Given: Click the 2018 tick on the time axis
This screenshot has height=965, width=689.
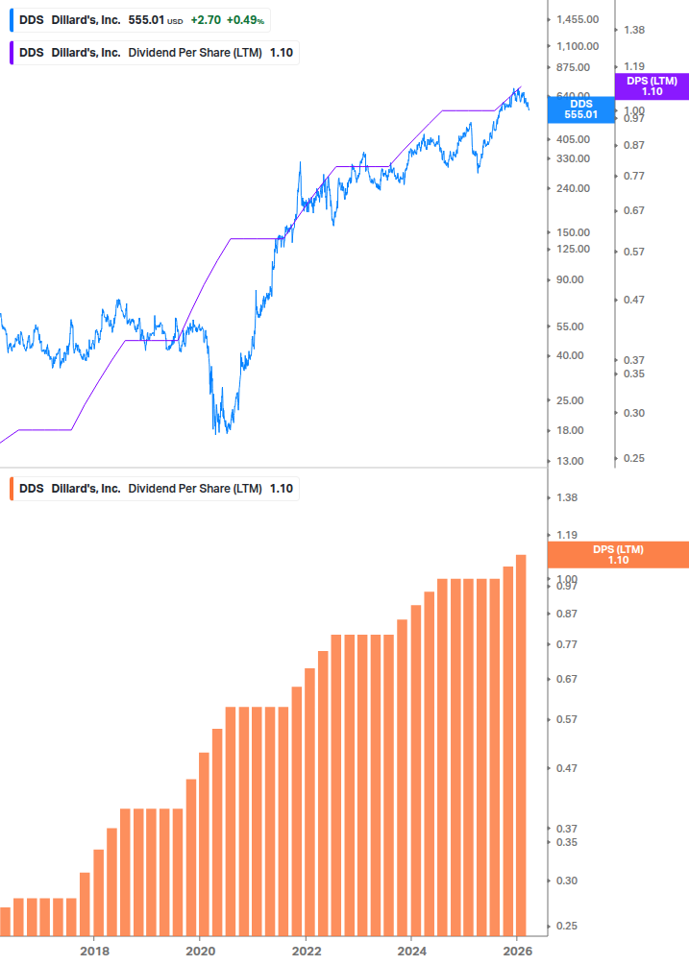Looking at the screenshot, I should [x=93, y=951].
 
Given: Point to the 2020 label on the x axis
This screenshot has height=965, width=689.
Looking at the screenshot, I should [x=199, y=951].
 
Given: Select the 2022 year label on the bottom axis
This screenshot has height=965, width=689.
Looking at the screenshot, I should [x=305, y=951].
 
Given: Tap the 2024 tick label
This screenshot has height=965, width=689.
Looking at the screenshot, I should [x=410, y=951].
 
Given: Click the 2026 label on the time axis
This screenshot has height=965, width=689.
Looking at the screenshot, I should [x=516, y=951].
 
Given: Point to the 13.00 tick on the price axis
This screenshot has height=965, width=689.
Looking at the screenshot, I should [x=571, y=461].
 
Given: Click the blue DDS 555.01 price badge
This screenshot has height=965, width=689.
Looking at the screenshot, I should [x=580, y=109].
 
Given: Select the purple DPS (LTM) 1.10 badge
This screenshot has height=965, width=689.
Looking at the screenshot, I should [x=652, y=86].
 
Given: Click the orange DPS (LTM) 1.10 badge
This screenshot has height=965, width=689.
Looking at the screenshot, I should [x=617, y=555].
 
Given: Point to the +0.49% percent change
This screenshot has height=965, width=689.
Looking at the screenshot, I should [x=246, y=19].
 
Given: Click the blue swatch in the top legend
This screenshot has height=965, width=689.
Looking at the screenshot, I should [x=11, y=19].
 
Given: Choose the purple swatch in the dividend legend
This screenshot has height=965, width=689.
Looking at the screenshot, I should [x=11, y=52].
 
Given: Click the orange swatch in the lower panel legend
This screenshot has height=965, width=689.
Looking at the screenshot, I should [x=11, y=489].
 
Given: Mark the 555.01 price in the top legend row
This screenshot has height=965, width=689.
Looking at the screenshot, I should [x=147, y=19].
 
